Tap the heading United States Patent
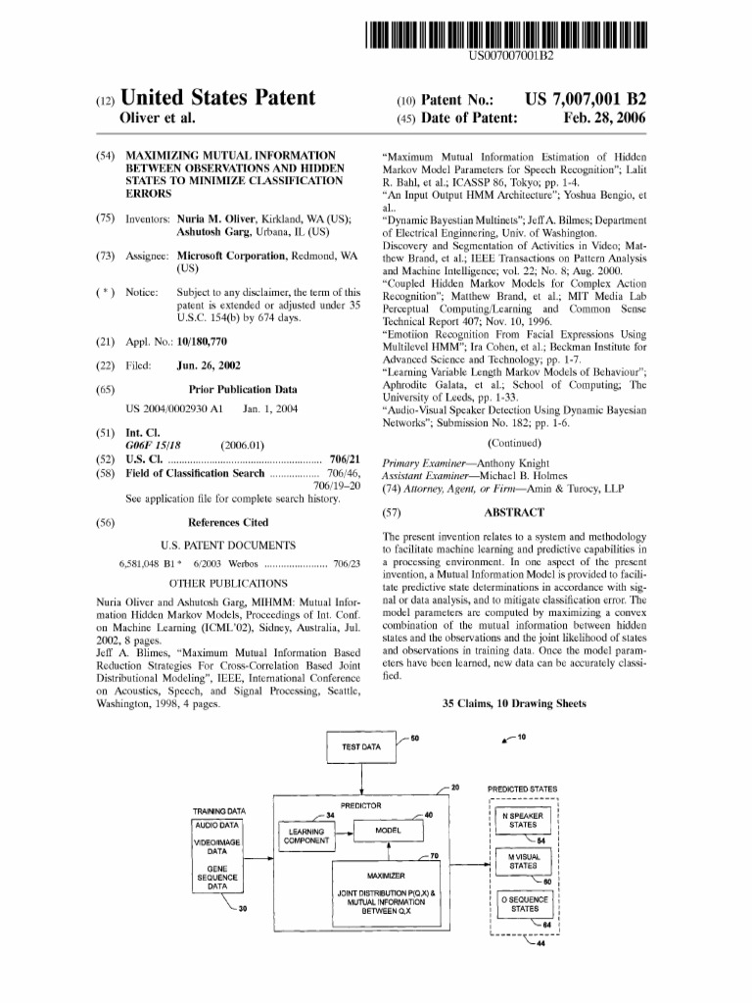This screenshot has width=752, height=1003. (217, 98)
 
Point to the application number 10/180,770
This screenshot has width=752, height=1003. (202, 341)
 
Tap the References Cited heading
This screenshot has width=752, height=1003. (227, 523)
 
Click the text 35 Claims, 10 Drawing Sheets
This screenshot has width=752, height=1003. (514, 703)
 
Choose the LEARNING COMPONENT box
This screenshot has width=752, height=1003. (306, 835)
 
